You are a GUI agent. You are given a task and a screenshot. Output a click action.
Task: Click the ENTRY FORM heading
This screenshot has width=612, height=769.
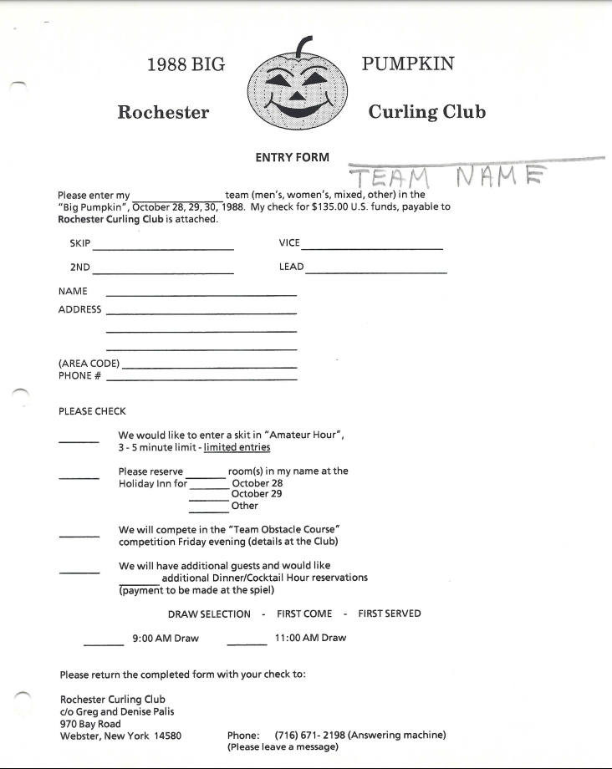point(292,157)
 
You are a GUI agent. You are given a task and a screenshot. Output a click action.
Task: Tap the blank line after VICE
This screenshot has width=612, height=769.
point(373,249)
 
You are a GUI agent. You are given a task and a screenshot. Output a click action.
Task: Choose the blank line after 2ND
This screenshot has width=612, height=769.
point(163,273)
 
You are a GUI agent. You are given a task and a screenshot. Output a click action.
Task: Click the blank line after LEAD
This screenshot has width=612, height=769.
point(376,273)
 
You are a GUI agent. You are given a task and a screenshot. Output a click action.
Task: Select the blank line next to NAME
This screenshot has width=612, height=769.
point(201,295)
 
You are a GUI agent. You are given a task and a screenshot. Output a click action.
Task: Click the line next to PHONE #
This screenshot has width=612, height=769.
point(201,380)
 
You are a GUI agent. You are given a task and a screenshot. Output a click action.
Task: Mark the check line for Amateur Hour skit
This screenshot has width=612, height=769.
point(79,442)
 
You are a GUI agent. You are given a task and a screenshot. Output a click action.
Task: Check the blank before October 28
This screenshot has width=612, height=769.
point(209,488)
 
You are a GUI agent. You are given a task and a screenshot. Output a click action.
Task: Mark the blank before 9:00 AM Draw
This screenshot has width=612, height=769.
point(104,644)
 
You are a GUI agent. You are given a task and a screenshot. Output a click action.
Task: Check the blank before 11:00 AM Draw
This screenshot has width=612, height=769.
point(247,644)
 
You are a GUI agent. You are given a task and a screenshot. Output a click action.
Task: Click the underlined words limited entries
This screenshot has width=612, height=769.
point(237,447)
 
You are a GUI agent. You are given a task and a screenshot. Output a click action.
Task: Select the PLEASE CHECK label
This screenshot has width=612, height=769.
point(92,411)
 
